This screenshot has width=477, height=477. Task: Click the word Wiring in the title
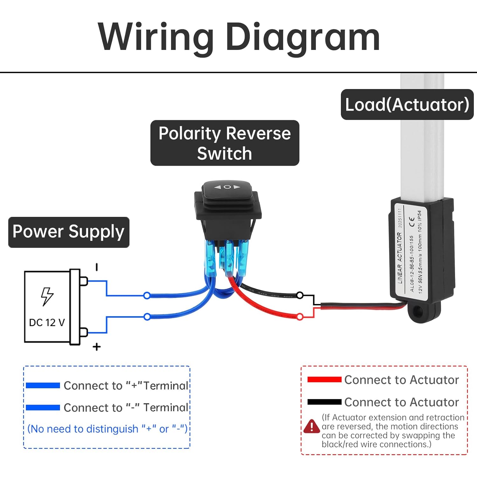(x=156, y=38)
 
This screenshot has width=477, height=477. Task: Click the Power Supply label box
(x=69, y=232)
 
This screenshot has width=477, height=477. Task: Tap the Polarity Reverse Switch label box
(x=225, y=143)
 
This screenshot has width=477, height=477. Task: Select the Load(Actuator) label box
(x=407, y=105)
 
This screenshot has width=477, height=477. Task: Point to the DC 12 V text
(x=47, y=323)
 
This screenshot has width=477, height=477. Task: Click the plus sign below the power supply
(x=97, y=347)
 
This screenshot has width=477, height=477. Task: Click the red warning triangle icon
(x=312, y=426)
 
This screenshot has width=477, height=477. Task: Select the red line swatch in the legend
(x=324, y=379)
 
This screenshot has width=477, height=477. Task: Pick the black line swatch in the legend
(x=324, y=402)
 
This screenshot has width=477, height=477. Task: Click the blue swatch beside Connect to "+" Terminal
(x=43, y=385)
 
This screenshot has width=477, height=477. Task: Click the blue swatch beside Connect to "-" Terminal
(x=43, y=408)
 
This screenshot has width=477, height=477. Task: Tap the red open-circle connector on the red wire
(x=300, y=317)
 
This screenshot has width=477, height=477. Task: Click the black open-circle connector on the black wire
(x=300, y=295)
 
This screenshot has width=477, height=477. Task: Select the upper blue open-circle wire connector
(x=147, y=296)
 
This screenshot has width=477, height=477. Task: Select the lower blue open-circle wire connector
(x=147, y=317)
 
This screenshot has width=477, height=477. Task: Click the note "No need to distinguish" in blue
(x=107, y=429)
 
